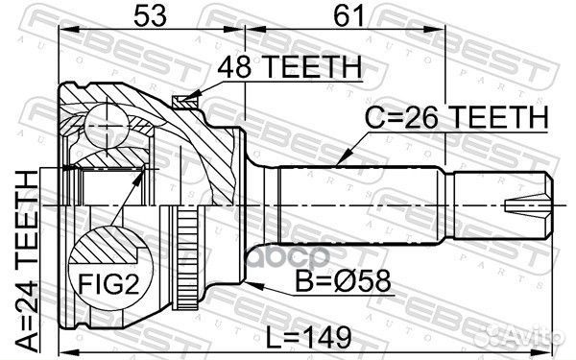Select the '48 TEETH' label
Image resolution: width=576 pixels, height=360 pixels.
(290, 68)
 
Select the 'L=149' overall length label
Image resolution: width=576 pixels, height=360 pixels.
(309, 338)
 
